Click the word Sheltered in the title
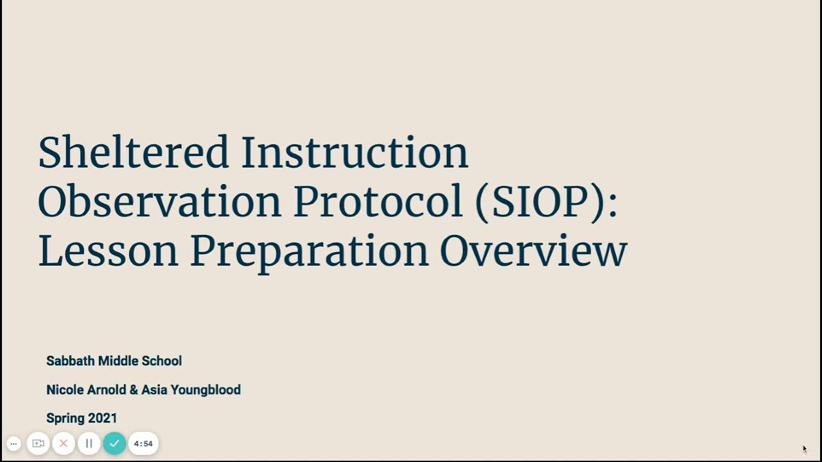[x=134, y=153]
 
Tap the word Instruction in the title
[x=354, y=153]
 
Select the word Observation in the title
[x=159, y=201]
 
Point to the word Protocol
[x=378, y=201]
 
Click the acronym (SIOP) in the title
[x=546, y=203]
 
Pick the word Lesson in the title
[x=108, y=250]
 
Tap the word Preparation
[x=309, y=252]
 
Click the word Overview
[x=533, y=250]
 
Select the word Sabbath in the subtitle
[x=70, y=361]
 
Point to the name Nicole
[x=65, y=390]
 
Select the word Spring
[x=66, y=419]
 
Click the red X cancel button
[x=64, y=443]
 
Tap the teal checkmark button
[x=114, y=443]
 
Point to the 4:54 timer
[x=143, y=443]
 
